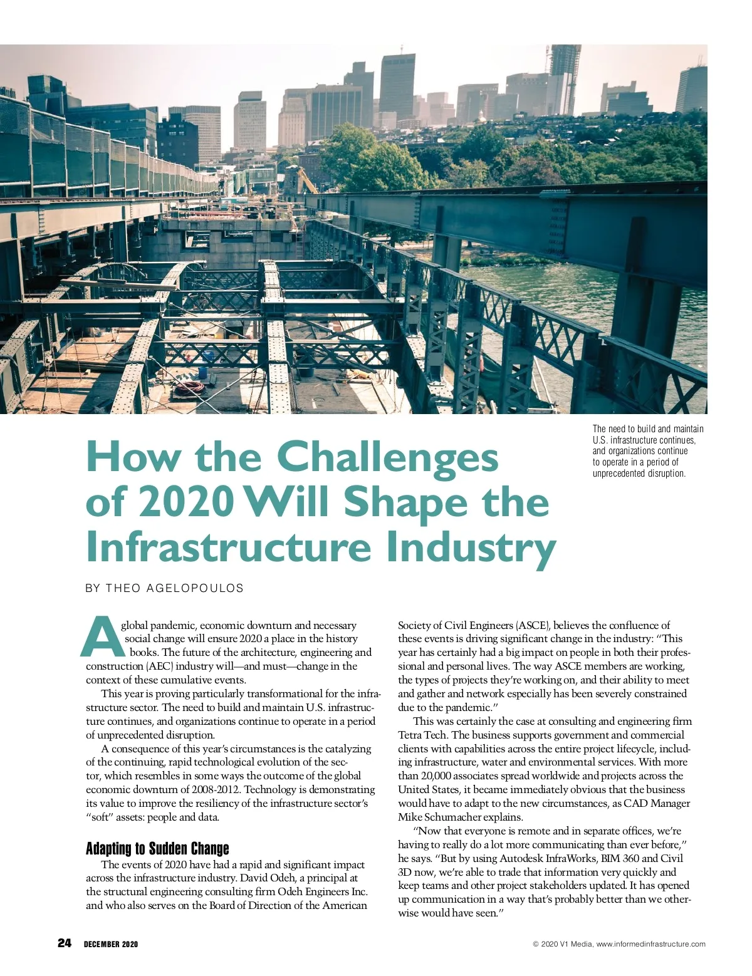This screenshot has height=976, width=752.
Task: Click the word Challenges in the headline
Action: click(387, 457)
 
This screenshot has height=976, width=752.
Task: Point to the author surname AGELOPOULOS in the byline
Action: click(194, 588)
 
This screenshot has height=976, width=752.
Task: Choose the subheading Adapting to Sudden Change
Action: click(157, 849)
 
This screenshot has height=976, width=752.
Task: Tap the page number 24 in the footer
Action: click(65, 943)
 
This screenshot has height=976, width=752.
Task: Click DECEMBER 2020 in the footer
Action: click(111, 944)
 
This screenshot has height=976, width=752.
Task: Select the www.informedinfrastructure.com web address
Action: click(650, 944)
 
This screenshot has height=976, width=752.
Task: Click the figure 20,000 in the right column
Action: click(436, 776)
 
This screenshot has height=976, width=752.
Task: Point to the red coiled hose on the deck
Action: click(189, 387)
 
